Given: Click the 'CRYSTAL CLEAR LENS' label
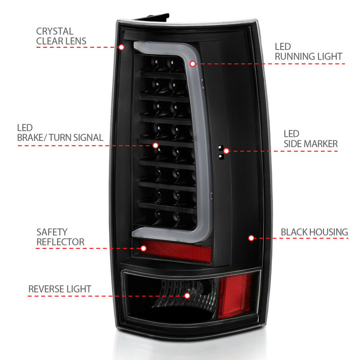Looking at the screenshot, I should [61, 36].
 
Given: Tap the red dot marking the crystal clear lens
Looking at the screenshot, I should [121, 47].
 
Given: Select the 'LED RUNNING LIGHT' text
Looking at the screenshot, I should [309, 51].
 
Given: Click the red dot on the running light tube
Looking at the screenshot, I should [193, 64].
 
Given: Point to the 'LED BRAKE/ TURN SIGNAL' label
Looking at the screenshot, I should [60, 133].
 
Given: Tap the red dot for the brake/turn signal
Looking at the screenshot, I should [155, 146].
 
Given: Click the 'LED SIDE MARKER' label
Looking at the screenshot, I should [311, 139].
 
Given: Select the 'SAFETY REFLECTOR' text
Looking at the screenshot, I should [60, 237].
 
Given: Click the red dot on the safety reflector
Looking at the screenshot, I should [143, 248].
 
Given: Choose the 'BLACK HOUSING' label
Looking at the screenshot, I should [314, 232].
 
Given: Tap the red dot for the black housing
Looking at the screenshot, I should [251, 238].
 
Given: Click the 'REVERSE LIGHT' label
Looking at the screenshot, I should [60, 289].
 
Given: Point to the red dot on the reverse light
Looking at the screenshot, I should [187, 296].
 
